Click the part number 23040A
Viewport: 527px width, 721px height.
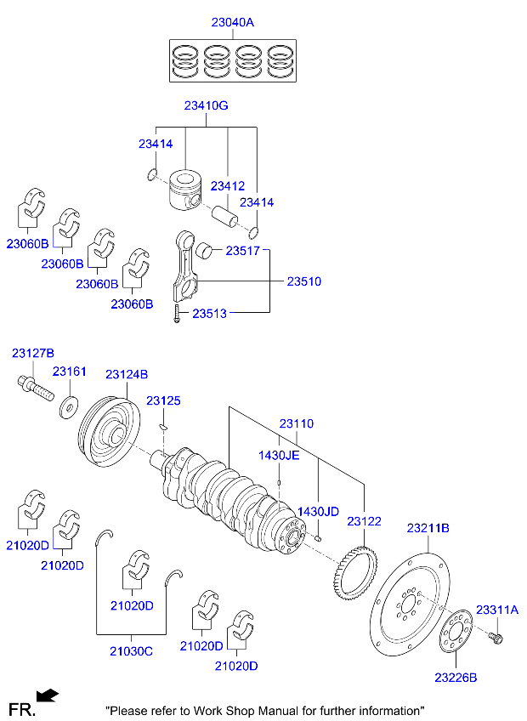(x=232, y=23)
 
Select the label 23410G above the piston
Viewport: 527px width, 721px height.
(x=206, y=106)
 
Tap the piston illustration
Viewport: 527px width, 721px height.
(x=184, y=191)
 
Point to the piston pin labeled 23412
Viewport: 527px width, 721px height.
(x=228, y=214)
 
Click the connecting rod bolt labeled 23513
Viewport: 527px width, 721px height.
(x=175, y=314)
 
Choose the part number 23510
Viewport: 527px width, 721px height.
(x=303, y=281)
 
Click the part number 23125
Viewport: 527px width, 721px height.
(x=163, y=400)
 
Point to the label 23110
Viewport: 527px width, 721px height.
(x=297, y=423)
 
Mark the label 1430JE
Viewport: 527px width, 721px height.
(x=279, y=456)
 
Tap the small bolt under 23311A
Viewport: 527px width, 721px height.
(x=497, y=636)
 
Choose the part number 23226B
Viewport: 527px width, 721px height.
(x=456, y=678)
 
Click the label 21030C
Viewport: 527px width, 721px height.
(x=131, y=651)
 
